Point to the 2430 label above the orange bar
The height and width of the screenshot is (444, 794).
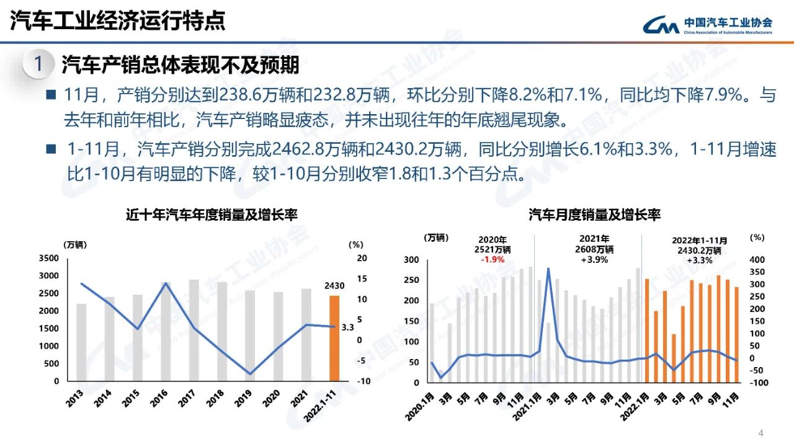tap(334, 286)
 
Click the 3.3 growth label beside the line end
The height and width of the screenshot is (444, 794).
tap(347, 327)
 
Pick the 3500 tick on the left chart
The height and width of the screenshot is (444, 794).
tap(50, 258)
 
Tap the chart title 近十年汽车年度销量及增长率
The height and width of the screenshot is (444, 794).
tap(212, 215)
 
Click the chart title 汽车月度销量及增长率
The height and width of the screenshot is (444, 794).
tap(594, 215)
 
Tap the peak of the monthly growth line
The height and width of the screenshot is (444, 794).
tap(548, 269)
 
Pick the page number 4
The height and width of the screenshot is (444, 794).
tap(761, 432)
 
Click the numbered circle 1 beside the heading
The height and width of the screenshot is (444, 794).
tap(38, 64)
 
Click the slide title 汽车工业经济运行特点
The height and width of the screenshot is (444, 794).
tap(117, 21)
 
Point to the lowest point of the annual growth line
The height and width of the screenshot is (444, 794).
tap(249, 374)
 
